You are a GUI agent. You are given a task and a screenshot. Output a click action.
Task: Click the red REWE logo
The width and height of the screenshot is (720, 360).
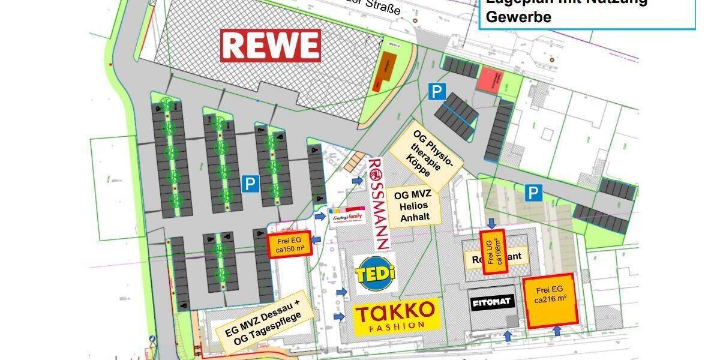pyautogui.click(x=270, y=46)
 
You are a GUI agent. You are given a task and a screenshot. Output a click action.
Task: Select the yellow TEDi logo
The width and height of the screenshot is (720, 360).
pyautogui.click(x=375, y=274)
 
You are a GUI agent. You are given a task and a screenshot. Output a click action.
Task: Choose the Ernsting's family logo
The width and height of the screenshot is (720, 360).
pyautogui.click(x=347, y=215)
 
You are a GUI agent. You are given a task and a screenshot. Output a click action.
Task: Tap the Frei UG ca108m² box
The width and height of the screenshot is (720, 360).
pyautogui.click(x=491, y=252)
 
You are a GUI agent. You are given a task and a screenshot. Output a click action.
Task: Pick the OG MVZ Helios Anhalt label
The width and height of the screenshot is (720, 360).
pyautogui.click(x=414, y=208)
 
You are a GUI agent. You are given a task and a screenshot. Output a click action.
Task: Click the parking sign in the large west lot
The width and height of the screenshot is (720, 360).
pyautogui.click(x=250, y=184)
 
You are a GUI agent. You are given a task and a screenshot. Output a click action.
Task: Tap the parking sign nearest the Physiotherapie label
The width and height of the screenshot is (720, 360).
pyautogui.click(x=437, y=92)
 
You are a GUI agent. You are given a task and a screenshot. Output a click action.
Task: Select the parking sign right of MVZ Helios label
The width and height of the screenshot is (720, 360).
pyautogui.click(x=533, y=193)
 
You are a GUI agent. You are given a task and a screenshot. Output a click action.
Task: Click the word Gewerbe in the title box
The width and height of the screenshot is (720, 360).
pyautogui.click(x=518, y=17)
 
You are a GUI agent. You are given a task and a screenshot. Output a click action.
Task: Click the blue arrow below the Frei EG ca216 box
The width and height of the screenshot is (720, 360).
pyautogui.click(x=557, y=331)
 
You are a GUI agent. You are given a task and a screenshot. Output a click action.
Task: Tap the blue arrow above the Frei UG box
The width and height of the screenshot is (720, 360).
pyautogui.click(x=491, y=223)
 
